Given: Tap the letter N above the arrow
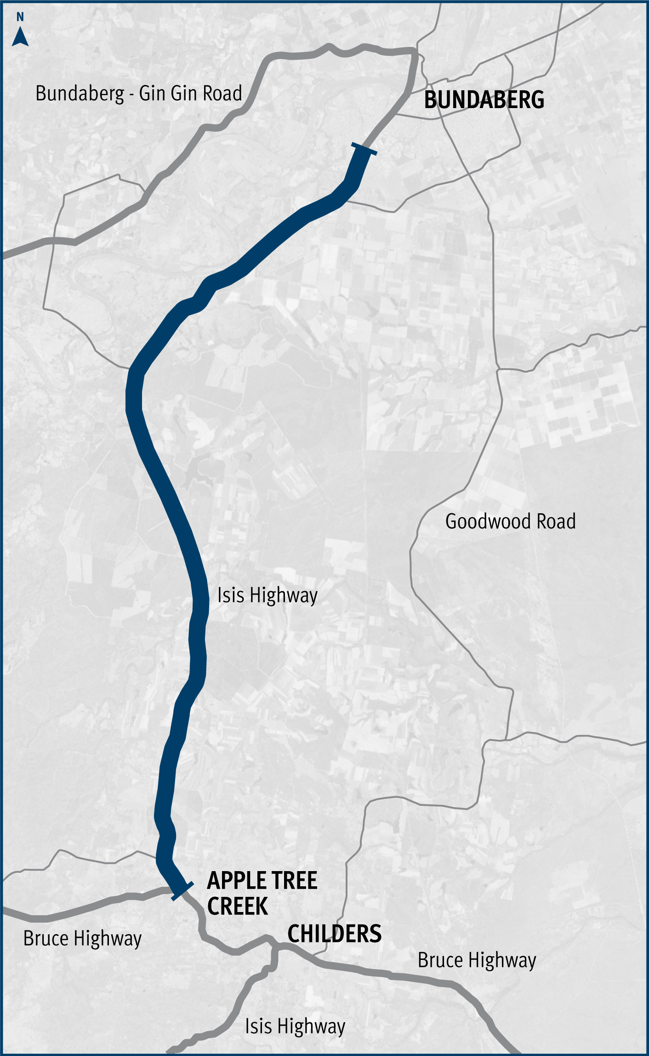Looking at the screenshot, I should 20,17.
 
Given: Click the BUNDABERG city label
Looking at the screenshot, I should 484,100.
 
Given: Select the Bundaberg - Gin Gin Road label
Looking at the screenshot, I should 139,93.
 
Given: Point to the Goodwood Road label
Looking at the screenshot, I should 510,522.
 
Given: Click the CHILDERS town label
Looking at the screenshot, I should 334,934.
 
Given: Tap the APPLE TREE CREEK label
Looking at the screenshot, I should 262,893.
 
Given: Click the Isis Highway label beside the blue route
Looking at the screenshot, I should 267,596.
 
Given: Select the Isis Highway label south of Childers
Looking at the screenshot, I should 295,1027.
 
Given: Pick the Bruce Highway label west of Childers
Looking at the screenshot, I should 83,939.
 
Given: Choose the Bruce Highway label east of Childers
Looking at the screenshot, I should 477,960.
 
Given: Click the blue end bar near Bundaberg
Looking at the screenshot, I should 364,149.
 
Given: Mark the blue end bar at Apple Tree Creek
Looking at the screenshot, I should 182,891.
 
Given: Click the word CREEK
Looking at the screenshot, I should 238,906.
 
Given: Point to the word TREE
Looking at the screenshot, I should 294,880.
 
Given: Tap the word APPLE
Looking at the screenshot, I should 234,880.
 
